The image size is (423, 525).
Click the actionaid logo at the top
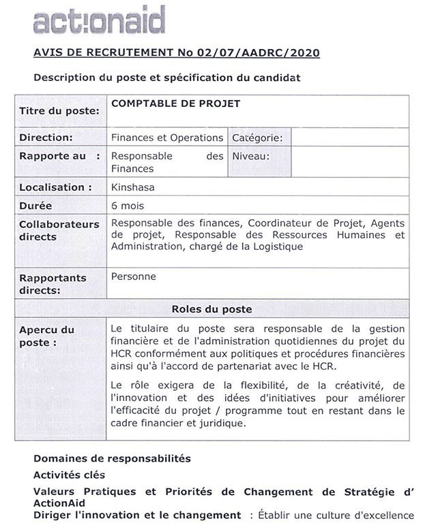click(98, 20)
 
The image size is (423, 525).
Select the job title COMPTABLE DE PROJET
click(175, 104)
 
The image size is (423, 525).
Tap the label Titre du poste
click(59, 111)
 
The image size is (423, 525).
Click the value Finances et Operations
click(167, 138)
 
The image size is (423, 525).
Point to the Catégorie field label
click(257, 138)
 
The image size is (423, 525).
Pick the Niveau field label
click(251, 156)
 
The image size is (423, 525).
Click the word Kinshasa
click(131, 187)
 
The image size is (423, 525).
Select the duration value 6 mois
click(128, 205)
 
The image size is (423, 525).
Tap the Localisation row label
click(55, 187)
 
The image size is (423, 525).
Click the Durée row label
click(35, 206)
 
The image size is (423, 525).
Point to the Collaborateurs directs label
click(59, 231)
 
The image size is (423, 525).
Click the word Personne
click(134, 276)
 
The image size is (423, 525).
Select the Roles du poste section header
click(211, 308)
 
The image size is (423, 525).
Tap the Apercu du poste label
click(46, 336)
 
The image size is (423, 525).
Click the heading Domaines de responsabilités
click(112, 458)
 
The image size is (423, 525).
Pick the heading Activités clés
click(70, 475)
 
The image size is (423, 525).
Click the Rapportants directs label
click(53, 284)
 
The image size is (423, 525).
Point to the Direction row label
click(46, 138)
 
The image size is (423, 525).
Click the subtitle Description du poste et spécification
click(166, 78)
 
